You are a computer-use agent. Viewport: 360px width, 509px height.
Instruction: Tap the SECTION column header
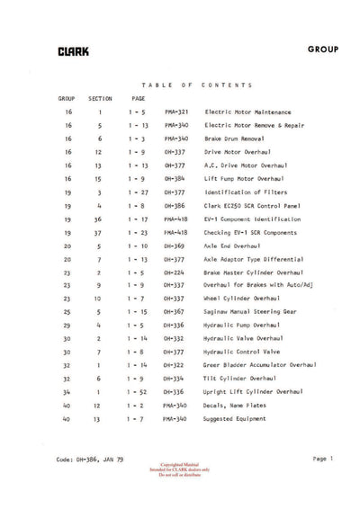coord(101,97)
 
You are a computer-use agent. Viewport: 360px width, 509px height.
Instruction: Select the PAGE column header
coord(139,97)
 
